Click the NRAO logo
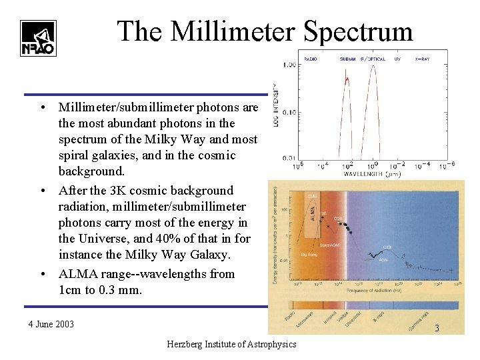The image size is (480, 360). point(38,37)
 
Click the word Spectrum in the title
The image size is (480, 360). point(358,31)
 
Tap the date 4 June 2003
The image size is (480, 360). point(51,325)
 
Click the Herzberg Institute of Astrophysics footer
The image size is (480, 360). point(232,344)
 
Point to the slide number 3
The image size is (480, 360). point(437,328)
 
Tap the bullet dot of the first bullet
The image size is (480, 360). point(42,107)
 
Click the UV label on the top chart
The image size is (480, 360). point(397,59)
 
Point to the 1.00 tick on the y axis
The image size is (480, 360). point(289,65)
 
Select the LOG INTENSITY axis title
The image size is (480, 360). point(275,107)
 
